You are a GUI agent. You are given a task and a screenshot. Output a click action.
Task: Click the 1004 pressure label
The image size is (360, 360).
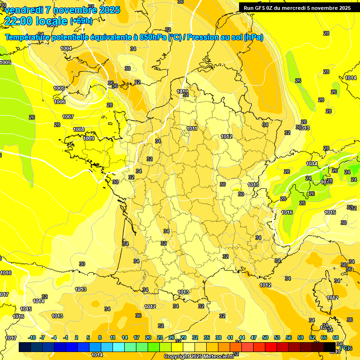[x=66, y=48]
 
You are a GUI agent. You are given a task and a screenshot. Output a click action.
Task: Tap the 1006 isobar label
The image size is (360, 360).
[x=60, y=102]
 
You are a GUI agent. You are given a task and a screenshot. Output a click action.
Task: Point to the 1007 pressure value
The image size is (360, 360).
[x=68, y=117]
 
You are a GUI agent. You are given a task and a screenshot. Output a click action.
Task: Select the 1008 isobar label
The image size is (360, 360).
[x=79, y=129]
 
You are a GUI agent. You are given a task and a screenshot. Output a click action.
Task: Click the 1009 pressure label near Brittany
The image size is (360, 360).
[x=89, y=138]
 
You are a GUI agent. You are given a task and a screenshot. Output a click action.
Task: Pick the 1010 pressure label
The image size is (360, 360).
[x=182, y=91]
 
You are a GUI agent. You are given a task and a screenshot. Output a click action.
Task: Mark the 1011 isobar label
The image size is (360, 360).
[x=192, y=128]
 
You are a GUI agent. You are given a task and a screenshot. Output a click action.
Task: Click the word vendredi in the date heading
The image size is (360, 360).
[x=23, y=9]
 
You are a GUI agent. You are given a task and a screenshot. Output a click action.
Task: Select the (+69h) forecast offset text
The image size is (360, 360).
[x=81, y=21]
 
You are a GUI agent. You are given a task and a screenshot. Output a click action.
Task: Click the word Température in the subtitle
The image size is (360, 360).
[x=29, y=37]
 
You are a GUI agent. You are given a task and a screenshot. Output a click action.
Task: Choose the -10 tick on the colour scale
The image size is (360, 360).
[x=32, y=337]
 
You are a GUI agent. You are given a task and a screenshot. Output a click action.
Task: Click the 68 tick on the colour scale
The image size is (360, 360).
[x=336, y=337]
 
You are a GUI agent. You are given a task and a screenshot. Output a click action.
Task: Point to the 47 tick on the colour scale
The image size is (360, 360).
[x=254, y=337]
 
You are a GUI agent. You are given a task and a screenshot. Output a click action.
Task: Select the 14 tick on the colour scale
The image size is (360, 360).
[x=125, y=337]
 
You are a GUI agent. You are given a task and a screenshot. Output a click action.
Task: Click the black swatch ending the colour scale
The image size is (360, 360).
[x=330, y=347]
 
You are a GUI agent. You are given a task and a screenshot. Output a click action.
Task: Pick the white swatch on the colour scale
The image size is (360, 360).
[x=189, y=347]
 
